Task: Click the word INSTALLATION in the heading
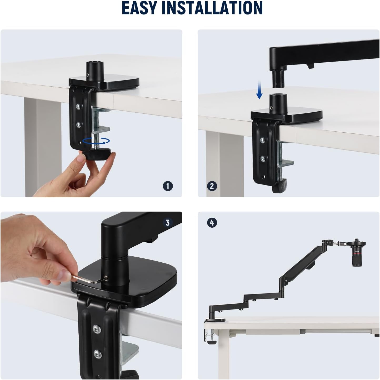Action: coord(212,8)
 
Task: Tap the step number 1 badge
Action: coord(168,186)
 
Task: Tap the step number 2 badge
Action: coord(212,186)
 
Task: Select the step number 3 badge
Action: coord(168,223)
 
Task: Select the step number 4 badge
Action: coord(212,223)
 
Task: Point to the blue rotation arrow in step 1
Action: coord(96,141)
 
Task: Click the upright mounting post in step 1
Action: coord(94,70)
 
